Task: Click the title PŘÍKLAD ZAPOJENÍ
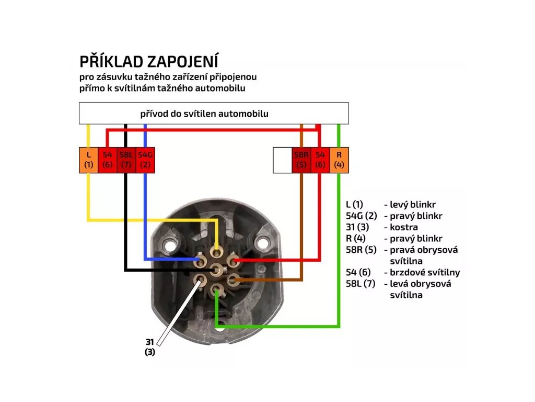coord(149,61)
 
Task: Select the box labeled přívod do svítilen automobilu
coord(214,113)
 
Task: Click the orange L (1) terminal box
coord(88,160)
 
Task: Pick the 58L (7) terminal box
coord(126,160)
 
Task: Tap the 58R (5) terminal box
coord(301,160)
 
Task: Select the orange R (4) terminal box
coord(339,160)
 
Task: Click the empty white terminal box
coord(283,160)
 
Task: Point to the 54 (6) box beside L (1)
coord(107,160)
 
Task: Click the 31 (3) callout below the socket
coord(150,347)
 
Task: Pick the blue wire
coord(145,220)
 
